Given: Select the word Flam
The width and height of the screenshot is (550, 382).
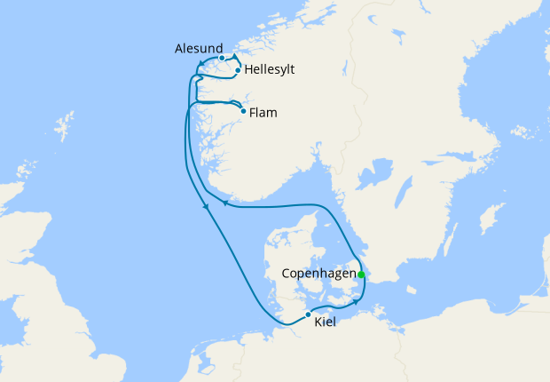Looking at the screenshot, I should pyautogui.click(x=263, y=113).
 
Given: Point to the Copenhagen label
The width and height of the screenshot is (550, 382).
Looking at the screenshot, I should pyautogui.click(x=318, y=274).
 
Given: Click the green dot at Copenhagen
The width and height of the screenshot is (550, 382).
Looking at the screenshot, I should pyautogui.click(x=361, y=275).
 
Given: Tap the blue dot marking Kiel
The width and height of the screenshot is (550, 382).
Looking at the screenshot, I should pyautogui.click(x=308, y=314).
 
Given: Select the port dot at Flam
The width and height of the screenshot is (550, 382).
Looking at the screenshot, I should pyautogui.click(x=243, y=111).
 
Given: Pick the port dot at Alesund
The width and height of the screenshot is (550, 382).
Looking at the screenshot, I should pyautogui.click(x=222, y=58).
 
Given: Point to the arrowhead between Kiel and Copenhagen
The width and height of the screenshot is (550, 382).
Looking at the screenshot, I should pyautogui.click(x=357, y=301).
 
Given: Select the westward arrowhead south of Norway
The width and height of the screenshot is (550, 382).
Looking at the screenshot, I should pyautogui.click(x=224, y=203).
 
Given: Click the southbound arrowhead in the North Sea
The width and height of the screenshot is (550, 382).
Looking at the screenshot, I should pyautogui.click(x=207, y=208).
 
